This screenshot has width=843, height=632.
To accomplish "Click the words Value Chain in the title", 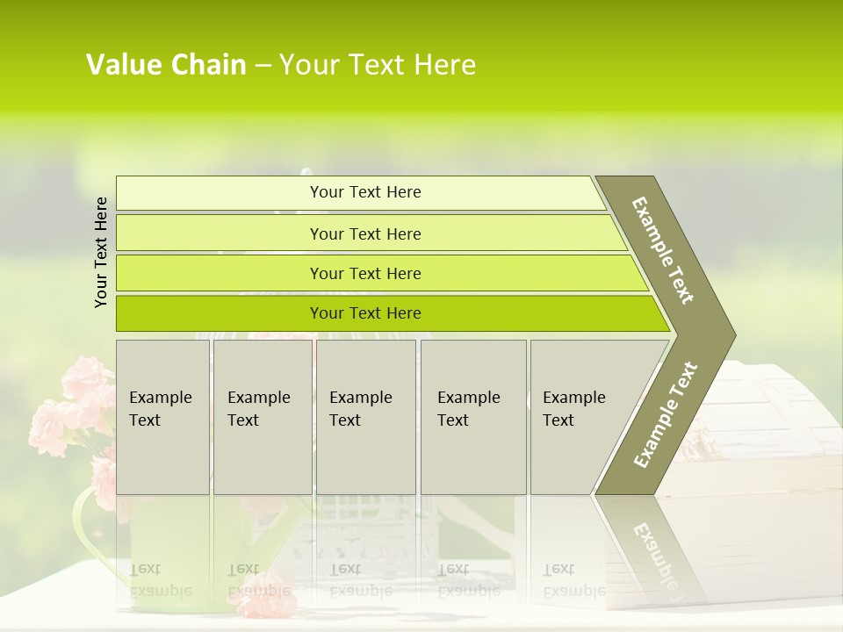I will (x=166, y=65).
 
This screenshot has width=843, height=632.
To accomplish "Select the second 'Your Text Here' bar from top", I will (x=365, y=233).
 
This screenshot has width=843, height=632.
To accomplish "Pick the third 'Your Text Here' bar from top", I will (x=365, y=273).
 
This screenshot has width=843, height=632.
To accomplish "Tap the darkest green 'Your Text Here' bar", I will (x=365, y=313).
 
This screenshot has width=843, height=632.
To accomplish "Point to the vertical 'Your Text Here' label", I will (x=101, y=252).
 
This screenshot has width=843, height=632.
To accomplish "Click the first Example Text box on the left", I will (x=162, y=417).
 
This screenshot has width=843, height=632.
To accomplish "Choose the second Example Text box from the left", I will (x=263, y=417).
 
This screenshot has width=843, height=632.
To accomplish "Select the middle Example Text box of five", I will (x=365, y=417).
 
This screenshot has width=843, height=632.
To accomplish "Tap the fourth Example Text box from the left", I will (x=473, y=417).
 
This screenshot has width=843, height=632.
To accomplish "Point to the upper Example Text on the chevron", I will (x=663, y=250).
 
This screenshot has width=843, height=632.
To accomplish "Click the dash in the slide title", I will (x=263, y=65).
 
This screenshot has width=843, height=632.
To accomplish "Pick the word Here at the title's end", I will (x=444, y=65).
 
